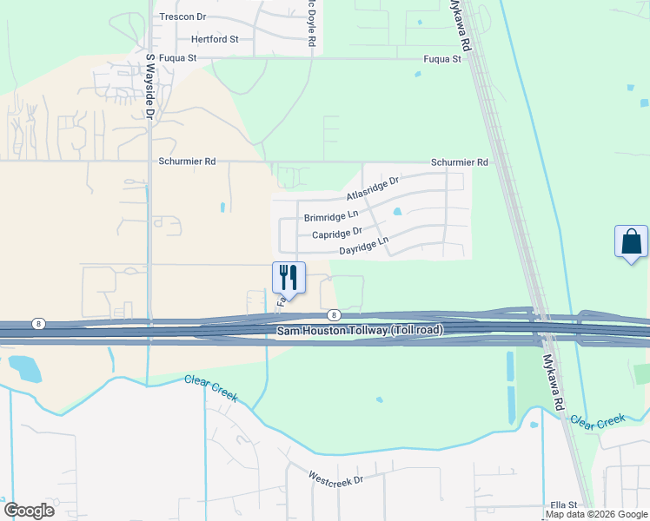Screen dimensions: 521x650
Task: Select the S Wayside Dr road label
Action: [149, 86]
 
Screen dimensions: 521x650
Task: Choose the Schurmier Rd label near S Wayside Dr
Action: [186, 162]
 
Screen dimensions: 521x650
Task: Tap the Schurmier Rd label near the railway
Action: [460, 162]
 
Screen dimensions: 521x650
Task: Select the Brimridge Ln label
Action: [330, 215]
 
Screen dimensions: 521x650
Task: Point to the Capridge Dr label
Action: [336, 234]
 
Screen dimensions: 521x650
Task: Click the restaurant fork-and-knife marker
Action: [289, 277]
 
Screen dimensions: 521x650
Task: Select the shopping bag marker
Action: [631, 241]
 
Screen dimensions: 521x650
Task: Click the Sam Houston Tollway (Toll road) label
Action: [360, 331]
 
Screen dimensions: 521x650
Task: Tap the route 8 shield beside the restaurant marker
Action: [334, 315]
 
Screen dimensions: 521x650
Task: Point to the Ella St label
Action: [564, 505]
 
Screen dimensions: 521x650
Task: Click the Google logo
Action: [29, 511]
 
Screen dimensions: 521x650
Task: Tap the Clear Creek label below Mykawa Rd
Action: [597, 419]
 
